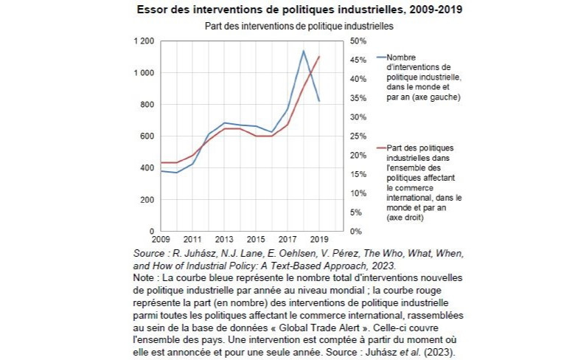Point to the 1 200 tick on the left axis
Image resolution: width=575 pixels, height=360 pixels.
click(x=144, y=41)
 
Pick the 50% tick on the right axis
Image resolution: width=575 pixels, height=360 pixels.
click(x=358, y=41)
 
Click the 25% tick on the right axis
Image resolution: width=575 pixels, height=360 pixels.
click(x=358, y=136)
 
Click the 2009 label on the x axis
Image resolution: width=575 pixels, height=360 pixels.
click(x=161, y=240)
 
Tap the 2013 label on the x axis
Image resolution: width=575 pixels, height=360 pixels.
click(x=223, y=240)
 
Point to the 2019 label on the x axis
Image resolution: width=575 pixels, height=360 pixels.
click(x=318, y=240)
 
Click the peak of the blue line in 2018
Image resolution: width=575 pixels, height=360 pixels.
click(x=303, y=51)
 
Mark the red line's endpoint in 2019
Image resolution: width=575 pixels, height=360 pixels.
click(x=318, y=57)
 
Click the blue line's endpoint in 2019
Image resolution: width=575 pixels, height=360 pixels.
click(x=318, y=101)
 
